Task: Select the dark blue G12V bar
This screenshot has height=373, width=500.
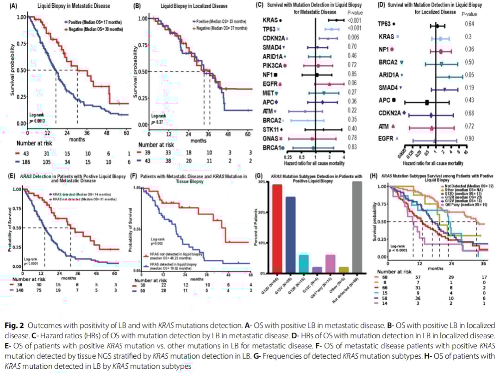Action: point(290,235)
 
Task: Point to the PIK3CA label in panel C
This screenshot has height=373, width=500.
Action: point(272,65)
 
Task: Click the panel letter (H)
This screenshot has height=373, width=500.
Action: point(375,176)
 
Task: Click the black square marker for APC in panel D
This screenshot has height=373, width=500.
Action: point(427,102)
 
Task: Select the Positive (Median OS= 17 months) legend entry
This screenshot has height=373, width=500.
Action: point(94,22)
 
